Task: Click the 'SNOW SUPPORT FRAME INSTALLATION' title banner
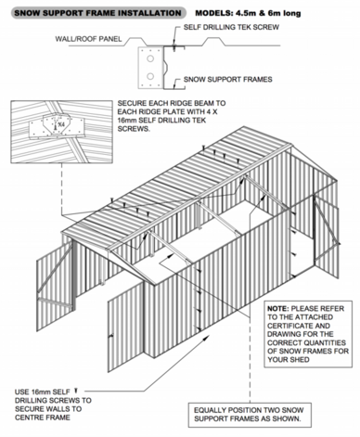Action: coord(98,13)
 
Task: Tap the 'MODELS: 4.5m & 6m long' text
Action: coord(248,13)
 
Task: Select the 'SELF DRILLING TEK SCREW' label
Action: coord(231,27)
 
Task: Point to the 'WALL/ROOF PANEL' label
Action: coord(88,39)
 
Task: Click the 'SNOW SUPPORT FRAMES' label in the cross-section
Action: coord(228,80)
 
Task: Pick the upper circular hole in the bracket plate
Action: coord(150,58)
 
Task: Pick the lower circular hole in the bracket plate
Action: coord(150,76)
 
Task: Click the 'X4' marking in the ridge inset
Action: coord(61,124)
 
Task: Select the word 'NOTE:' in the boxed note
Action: coord(278,309)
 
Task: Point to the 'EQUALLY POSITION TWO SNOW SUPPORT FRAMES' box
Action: coord(250,415)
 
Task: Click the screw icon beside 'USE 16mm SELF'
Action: coord(76,392)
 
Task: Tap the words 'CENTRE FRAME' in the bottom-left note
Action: coord(43,418)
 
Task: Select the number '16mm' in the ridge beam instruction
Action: coord(126,121)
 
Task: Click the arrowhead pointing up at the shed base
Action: coord(205,337)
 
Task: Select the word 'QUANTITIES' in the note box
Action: coord(325,342)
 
